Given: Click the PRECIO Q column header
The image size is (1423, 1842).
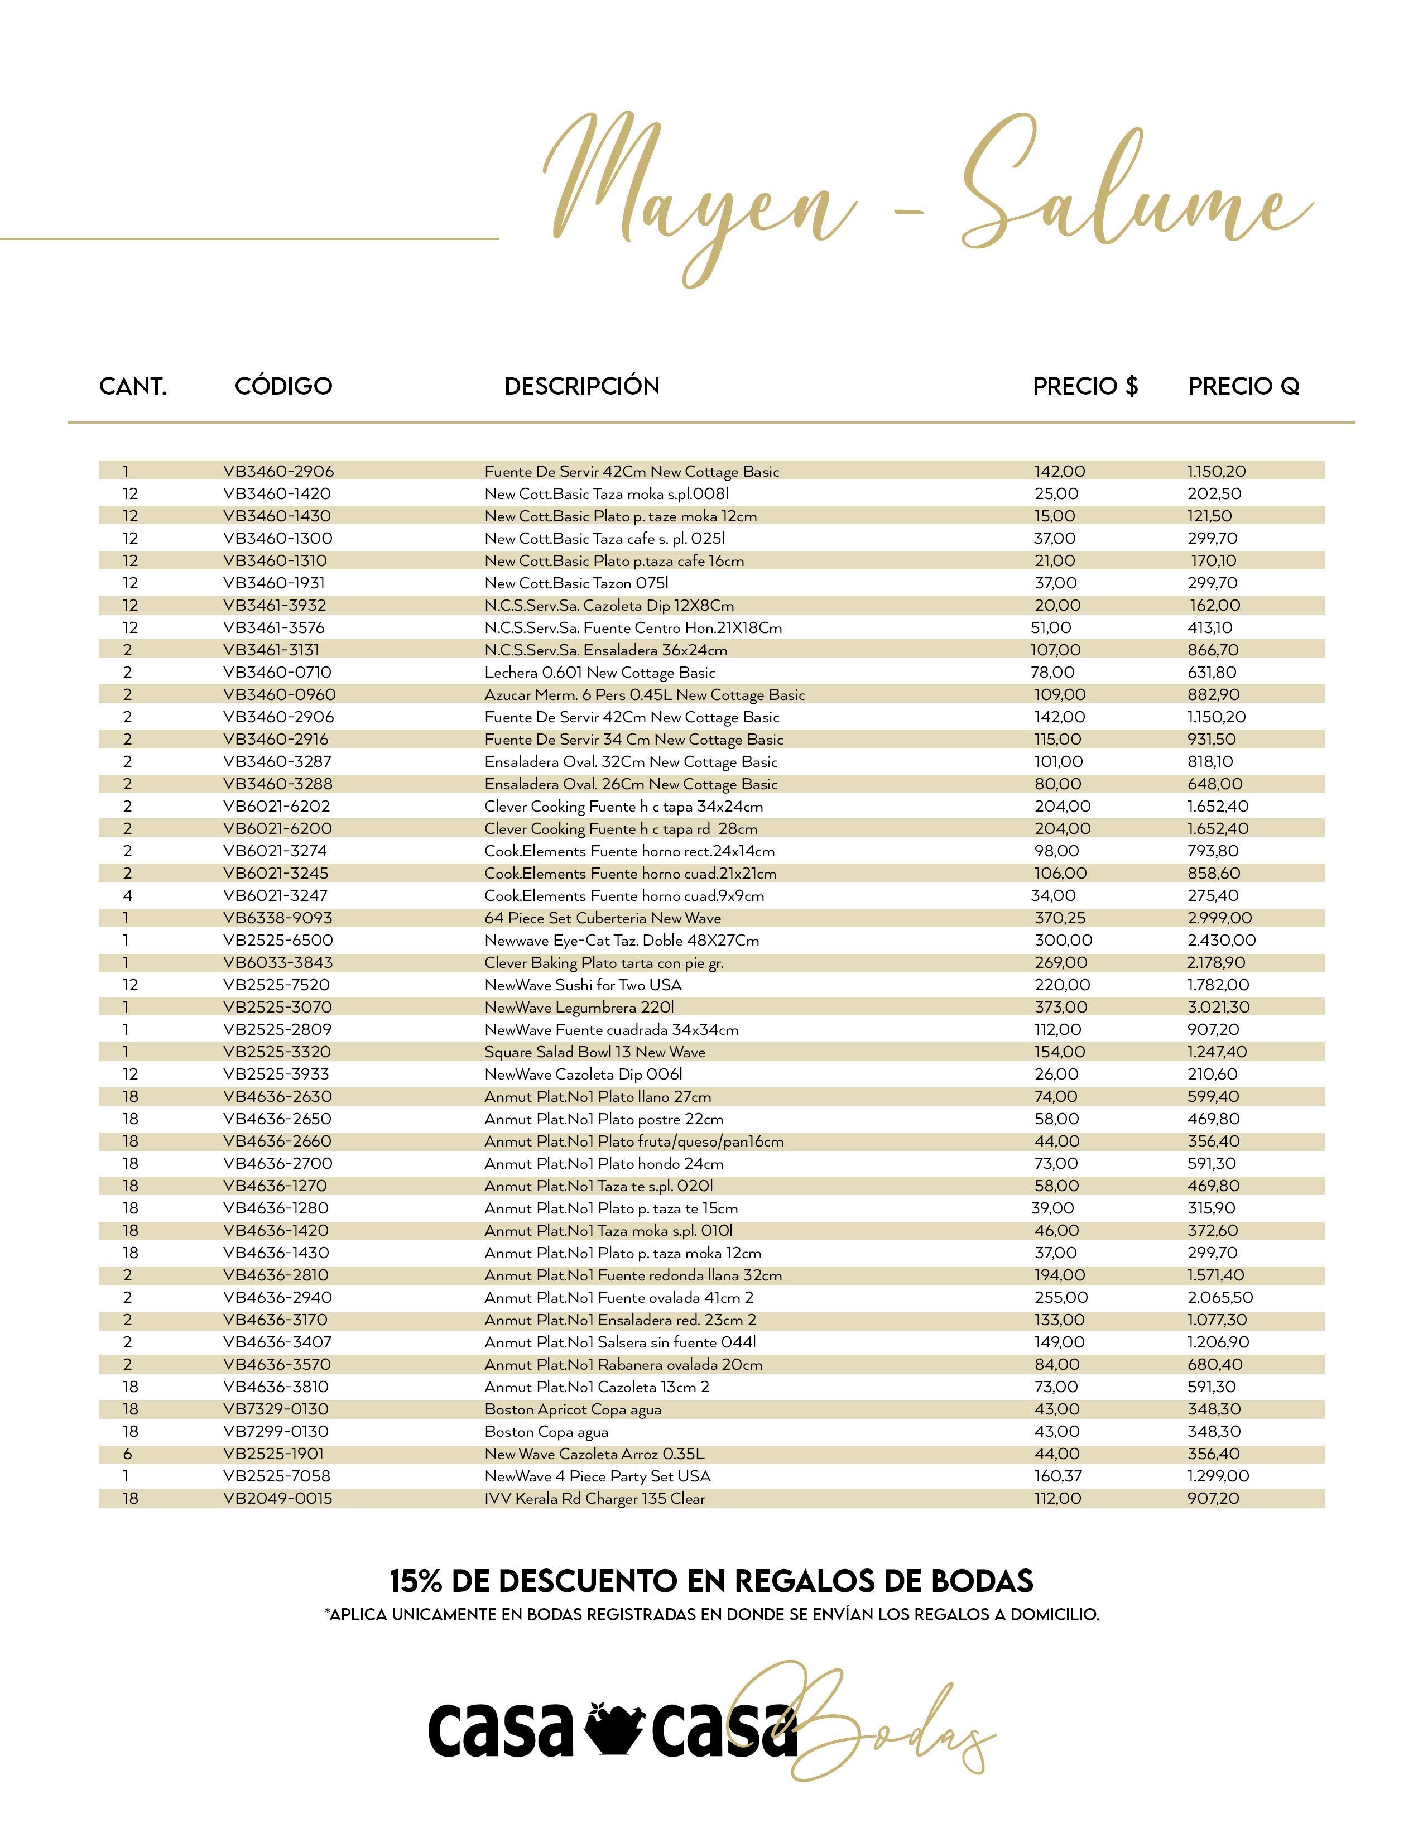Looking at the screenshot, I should click(1243, 386).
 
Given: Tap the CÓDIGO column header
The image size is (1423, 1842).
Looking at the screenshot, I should click(283, 386).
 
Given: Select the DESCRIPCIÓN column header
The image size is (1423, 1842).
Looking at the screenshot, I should click(581, 386).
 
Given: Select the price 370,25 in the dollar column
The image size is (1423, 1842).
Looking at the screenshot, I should click(1060, 918).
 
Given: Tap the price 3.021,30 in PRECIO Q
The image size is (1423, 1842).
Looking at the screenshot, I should click(1218, 1007).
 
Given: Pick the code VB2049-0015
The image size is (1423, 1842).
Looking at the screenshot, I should click(277, 1499).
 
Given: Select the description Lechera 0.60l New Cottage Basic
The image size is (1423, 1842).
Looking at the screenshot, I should click(599, 672).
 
